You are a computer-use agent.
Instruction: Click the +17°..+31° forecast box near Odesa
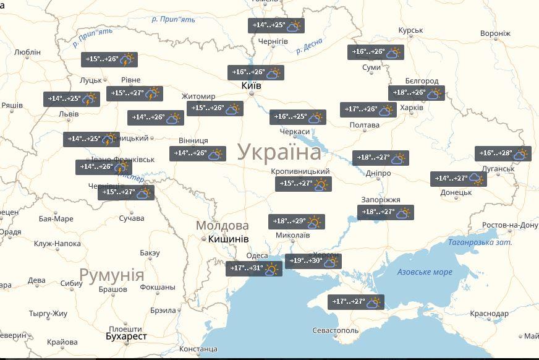(254, 268)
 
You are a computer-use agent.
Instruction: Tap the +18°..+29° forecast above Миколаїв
(297, 221)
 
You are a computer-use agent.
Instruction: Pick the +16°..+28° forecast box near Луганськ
(503, 153)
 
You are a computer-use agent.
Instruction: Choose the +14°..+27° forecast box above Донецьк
(459, 179)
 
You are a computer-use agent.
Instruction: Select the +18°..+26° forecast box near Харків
(417, 93)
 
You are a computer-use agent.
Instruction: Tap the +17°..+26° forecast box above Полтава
(368, 109)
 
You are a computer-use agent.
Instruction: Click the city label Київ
(251, 86)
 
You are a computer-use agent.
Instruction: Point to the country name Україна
(279, 152)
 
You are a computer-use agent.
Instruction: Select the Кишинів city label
(228, 239)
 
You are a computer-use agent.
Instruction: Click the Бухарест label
(126, 336)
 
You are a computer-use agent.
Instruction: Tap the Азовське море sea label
(425, 272)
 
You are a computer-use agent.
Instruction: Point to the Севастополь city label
(336, 330)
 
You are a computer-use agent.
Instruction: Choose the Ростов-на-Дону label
(511, 225)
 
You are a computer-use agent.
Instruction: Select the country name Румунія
(111, 275)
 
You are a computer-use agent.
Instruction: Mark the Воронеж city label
(495, 33)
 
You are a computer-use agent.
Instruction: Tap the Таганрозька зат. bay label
(480, 242)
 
